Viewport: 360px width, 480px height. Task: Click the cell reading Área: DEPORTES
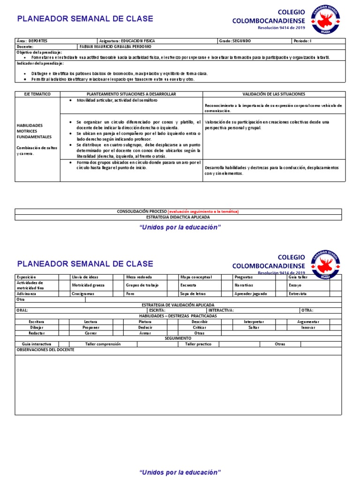pos(32,41)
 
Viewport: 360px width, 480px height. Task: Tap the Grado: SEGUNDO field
pos(235,41)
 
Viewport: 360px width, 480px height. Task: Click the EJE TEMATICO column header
pos(37,94)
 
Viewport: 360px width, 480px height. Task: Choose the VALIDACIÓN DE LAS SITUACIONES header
pos(274,94)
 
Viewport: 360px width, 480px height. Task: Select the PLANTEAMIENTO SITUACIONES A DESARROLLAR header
pos(131,94)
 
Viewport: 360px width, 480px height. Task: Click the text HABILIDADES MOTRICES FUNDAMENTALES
pos(30,131)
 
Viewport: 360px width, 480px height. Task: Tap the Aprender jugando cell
pos(251,293)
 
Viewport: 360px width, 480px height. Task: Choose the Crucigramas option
pos(83,293)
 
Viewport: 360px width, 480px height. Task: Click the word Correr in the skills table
pos(91,333)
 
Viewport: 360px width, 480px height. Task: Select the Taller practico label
pos(198,344)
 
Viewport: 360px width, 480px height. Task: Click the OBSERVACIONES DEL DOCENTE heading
pos(45,350)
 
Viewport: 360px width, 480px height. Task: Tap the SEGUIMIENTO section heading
pos(178,338)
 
